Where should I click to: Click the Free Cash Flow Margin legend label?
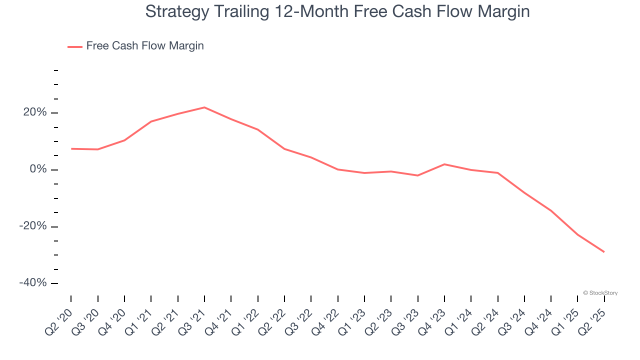click(x=145, y=46)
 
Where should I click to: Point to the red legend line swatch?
click(x=75, y=46)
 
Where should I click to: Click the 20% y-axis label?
click(x=35, y=112)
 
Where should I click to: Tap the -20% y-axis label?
click(x=33, y=226)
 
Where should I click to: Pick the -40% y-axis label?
click(x=33, y=283)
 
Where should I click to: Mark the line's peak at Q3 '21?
click(x=204, y=107)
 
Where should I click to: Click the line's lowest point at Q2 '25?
click(x=604, y=251)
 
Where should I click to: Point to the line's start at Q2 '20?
click(x=71, y=148)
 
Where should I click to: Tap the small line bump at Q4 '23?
click(x=444, y=164)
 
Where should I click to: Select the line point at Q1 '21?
click(x=151, y=121)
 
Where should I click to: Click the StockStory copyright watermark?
click(x=600, y=293)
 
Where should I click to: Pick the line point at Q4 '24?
click(x=551, y=210)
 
